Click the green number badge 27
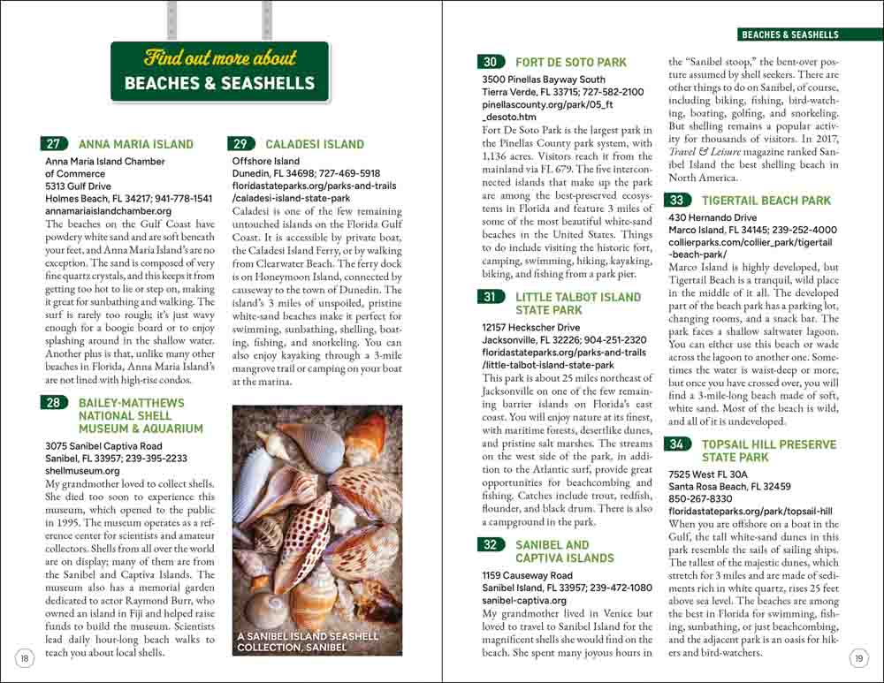pyautogui.click(x=55, y=144)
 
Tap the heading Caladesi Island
pyautogui.click(x=314, y=144)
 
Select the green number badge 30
pyautogui.click(x=492, y=62)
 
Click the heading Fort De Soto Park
pyautogui.click(x=570, y=63)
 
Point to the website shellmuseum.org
pyautogui.click(x=82, y=472)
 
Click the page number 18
pyautogui.click(x=25, y=657)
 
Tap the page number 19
pyautogui.click(x=858, y=657)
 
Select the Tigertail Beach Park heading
pyautogui.click(x=766, y=201)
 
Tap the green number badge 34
pyautogui.click(x=677, y=444)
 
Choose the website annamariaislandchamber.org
pyautogui.click(x=108, y=212)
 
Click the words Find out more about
pyautogui.click(x=220, y=59)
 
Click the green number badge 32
pyautogui.click(x=491, y=545)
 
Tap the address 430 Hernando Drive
pyautogui.click(x=713, y=217)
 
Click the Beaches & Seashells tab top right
pyautogui.click(x=789, y=35)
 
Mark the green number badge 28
pyautogui.click(x=55, y=403)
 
